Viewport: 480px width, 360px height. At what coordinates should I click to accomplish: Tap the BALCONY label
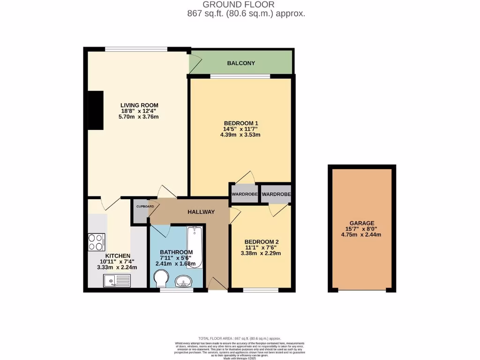pos(241,63)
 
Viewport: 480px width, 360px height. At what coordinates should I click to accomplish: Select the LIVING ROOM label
pos(139,105)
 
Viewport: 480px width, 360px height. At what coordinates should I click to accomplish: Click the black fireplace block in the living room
pos(96,110)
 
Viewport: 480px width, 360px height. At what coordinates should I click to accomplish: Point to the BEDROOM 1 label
pos(241,123)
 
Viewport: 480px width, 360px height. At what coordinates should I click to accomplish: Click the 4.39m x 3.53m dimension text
pos(240,135)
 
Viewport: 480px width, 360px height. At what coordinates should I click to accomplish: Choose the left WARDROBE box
pos(244,194)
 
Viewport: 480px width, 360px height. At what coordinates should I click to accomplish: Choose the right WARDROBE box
pos(276,194)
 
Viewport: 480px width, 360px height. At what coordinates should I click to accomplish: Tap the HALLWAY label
pos(201,212)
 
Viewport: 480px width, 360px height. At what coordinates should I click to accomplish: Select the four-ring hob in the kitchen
pos(97,241)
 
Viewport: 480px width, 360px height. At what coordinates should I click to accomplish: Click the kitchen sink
pos(117,280)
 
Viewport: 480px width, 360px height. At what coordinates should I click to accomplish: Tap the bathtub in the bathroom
pos(194,247)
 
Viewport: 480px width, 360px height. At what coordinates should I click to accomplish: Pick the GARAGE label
pos(362,223)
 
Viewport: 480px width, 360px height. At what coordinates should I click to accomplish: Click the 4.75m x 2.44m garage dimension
pos(361,234)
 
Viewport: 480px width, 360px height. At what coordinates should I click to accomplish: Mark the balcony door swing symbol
pos(195,61)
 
